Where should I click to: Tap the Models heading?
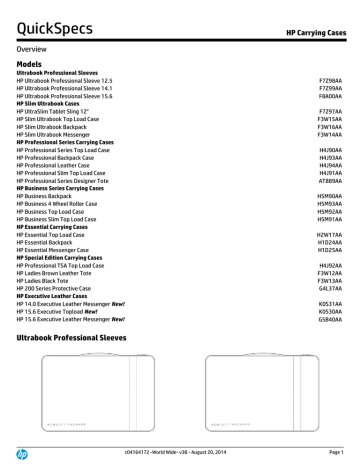coord(33,62)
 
